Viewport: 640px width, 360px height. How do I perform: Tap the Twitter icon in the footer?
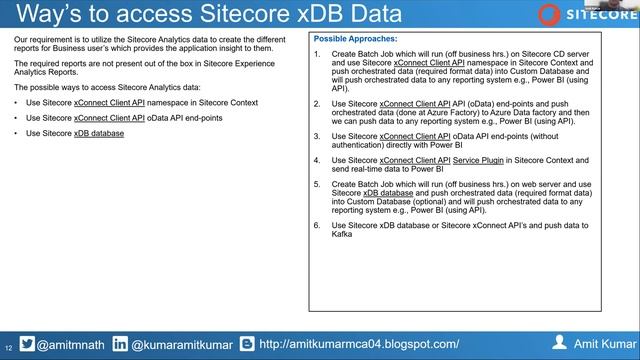point(27,343)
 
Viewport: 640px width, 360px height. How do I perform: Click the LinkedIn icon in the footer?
point(119,343)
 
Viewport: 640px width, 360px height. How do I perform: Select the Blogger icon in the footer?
point(245,343)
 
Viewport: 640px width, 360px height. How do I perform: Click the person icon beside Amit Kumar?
point(560,342)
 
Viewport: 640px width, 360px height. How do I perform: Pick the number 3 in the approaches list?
point(317,136)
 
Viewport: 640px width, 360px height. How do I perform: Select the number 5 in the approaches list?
point(317,183)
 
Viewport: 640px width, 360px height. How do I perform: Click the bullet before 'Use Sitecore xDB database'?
point(16,133)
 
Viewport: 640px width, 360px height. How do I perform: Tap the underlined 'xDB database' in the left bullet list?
point(99,133)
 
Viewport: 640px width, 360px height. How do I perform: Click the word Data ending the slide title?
point(373,15)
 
